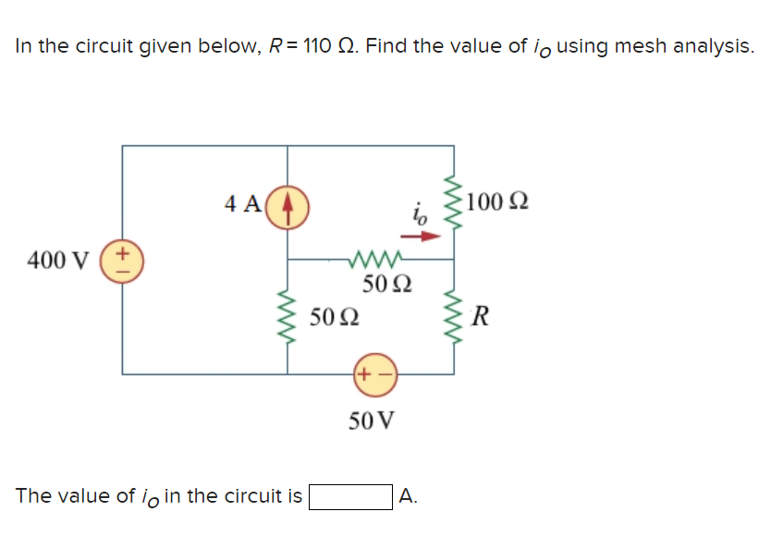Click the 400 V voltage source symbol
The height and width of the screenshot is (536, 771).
coord(123,260)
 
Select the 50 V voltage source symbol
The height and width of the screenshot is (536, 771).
coord(373,375)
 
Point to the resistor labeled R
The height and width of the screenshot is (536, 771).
coord(454,319)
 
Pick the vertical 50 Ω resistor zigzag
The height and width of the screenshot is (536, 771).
coord(288,319)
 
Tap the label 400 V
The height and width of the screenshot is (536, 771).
coord(56,261)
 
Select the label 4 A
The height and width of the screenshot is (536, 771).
coord(242,203)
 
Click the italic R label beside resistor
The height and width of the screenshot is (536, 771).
coord(479,320)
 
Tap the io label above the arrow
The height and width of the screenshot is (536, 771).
coord(420,216)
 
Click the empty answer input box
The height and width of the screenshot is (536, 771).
coord(350,497)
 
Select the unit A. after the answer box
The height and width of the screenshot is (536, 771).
coord(409,496)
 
